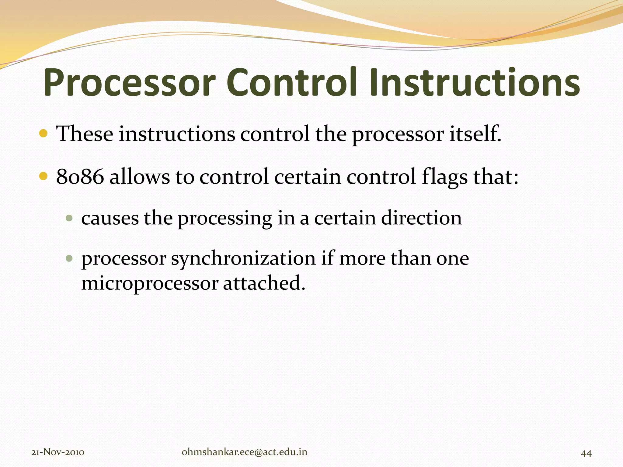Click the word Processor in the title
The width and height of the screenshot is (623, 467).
click(129, 83)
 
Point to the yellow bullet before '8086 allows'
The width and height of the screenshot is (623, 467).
click(44, 176)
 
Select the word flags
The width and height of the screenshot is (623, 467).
click(444, 177)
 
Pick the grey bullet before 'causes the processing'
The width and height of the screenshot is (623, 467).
click(69, 218)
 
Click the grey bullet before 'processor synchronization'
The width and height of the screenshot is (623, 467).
click(69, 258)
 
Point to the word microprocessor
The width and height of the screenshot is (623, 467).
click(150, 283)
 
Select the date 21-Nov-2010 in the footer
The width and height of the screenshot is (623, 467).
click(58, 452)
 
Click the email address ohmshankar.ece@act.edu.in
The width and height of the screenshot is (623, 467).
click(244, 452)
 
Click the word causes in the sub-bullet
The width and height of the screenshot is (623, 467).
click(110, 218)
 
